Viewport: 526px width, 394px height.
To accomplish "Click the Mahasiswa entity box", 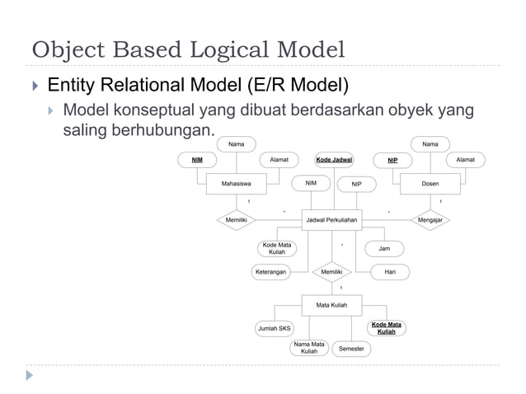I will pos(237,185).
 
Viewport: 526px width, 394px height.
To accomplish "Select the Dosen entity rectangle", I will pos(430,185).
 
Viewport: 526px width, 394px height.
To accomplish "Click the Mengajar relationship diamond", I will pos(430,220).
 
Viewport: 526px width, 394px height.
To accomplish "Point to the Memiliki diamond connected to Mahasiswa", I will pos(237,220).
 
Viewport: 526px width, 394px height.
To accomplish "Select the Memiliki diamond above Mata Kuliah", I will pos(332,270).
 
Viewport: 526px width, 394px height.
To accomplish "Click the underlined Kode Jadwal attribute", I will pos(334,159).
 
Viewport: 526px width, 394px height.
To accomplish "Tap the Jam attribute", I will pos(384,248).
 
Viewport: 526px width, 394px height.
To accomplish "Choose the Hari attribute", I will pos(384,270).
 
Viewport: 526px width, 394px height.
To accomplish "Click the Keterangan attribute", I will pos(271,270).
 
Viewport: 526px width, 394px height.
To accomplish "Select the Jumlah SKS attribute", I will pos(274,328).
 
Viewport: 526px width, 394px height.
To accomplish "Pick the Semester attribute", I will pos(352,349).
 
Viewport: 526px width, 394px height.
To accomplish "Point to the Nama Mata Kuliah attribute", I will pos(309,348).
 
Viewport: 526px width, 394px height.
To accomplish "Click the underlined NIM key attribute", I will pos(197,159).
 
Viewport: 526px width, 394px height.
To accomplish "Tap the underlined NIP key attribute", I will pos(392,159).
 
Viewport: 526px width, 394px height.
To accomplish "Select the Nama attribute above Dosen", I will pos(430,144).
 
